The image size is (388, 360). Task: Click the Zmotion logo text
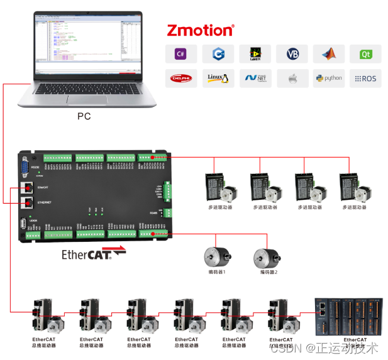200,30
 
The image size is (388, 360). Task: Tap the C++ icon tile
218,54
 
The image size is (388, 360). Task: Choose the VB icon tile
292,54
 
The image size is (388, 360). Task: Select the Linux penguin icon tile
218,79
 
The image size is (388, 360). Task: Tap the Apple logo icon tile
292,79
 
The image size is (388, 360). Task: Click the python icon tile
329,79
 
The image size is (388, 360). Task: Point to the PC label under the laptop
84,116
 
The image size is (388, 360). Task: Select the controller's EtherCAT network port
28,187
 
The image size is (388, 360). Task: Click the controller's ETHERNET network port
28,203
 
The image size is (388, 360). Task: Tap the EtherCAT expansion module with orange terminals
348,317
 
